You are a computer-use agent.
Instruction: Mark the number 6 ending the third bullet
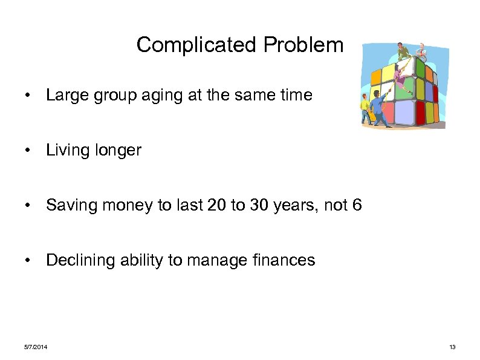357,206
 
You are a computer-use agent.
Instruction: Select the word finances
282,260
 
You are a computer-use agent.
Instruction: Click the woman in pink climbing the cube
400,79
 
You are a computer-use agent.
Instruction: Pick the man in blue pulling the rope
378,109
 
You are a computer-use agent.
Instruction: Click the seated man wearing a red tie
421,53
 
